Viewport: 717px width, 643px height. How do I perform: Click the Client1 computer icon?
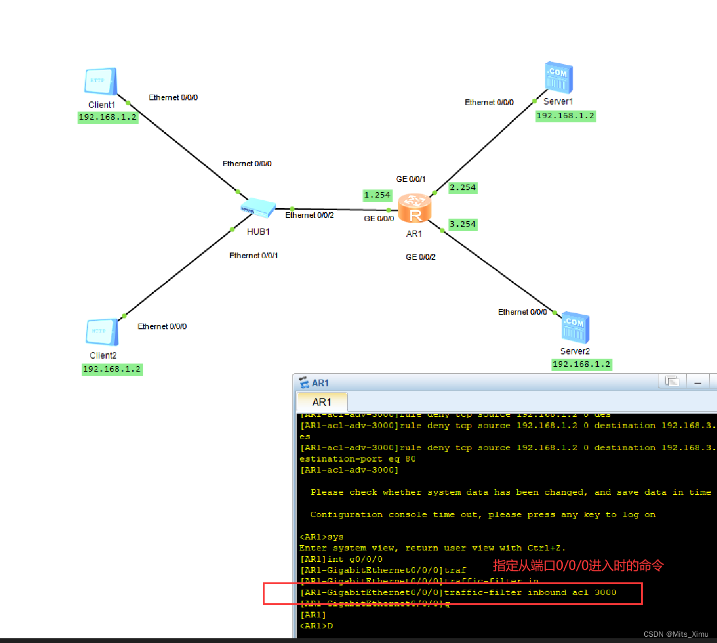tap(100, 82)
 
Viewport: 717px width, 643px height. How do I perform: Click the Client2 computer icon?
tap(102, 332)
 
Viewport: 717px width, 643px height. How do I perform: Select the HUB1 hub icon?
tap(258, 208)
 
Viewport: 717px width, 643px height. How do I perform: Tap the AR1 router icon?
tap(415, 209)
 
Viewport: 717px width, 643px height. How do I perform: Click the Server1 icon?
tap(559, 78)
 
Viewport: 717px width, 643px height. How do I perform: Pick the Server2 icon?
tap(575, 328)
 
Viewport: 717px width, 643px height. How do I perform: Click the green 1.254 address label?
tap(377, 195)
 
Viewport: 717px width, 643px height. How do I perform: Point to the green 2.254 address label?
tap(463, 188)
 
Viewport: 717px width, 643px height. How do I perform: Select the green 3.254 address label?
tap(463, 224)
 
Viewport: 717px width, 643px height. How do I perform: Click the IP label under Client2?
tap(112, 369)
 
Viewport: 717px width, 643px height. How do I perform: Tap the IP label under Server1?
tap(565, 116)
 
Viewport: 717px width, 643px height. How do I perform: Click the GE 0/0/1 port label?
tap(411, 179)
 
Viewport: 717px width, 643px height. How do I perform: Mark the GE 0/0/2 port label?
tap(420, 257)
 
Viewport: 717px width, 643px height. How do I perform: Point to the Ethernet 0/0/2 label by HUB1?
tap(309, 215)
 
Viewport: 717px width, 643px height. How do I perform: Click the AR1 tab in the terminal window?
tap(322, 402)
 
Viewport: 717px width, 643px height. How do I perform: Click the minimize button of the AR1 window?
tap(697, 382)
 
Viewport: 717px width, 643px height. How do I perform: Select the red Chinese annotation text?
tap(578, 566)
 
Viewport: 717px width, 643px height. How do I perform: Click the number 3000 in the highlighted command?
tap(605, 592)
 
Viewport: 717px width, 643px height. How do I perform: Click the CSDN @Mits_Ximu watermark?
tap(676, 634)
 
